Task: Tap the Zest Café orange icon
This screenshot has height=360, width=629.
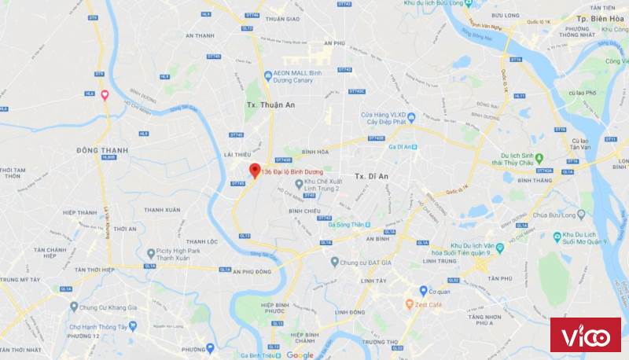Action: tap(410, 303)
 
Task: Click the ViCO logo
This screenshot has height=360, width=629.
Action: tap(585, 337)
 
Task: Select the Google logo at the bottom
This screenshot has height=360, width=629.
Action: tap(300, 355)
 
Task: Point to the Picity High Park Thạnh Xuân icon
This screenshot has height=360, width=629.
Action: tap(151, 253)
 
